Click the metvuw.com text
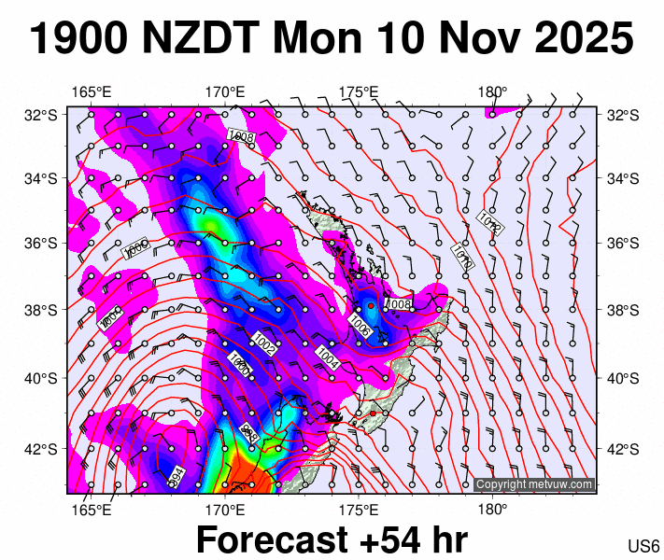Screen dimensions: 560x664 pos(566,484)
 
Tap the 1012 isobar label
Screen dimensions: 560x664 pos(490,222)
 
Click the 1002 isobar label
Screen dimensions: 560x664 pos(264,344)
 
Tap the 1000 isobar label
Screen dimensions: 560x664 pos(240,366)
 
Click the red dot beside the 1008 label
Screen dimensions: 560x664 pos(371,305)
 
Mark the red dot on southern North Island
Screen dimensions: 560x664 pos(373,413)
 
